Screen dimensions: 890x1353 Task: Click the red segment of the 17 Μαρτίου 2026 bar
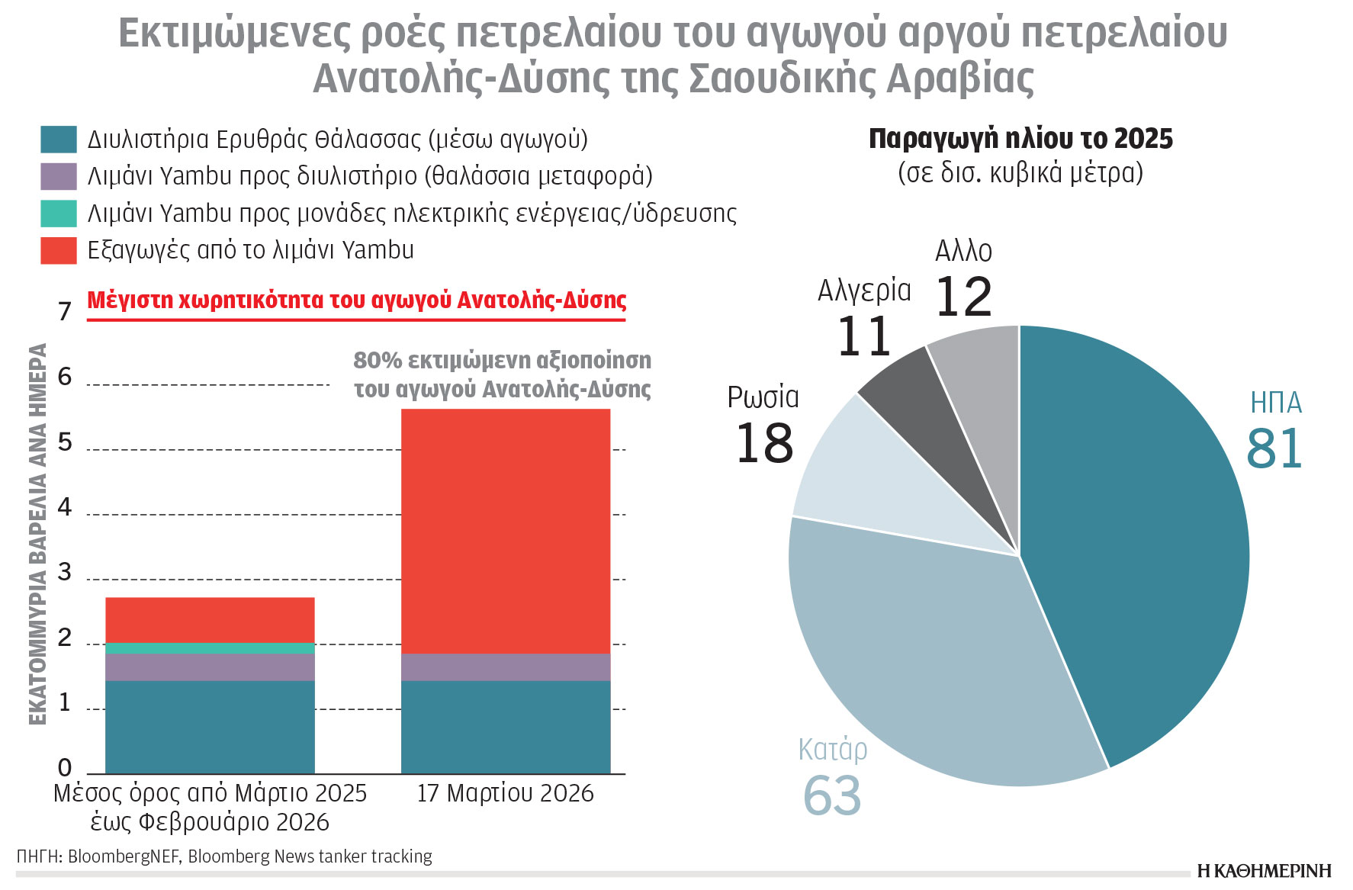click(x=506, y=531)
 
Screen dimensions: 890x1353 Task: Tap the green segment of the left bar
click(x=210, y=648)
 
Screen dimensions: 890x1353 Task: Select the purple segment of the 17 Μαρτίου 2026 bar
click(x=506, y=667)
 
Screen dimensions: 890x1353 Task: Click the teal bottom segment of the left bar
click(x=210, y=727)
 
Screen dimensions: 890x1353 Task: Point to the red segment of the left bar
click(x=210, y=620)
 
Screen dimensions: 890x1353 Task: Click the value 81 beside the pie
click(x=1274, y=448)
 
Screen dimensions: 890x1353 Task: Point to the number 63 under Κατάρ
click(x=831, y=795)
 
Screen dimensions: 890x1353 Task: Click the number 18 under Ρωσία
click(x=764, y=443)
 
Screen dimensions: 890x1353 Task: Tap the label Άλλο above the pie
click(x=963, y=252)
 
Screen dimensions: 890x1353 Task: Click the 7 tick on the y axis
click(x=65, y=311)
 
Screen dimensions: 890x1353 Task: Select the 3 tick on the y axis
click(x=65, y=572)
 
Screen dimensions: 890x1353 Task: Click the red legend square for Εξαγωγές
click(x=59, y=250)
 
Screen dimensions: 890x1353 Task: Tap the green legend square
click(x=59, y=214)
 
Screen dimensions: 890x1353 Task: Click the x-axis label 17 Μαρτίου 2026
click(x=505, y=793)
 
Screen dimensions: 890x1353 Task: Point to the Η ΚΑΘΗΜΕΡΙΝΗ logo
click(x=1264, y=871)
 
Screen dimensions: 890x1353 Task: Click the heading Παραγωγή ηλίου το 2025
click(x=1020, y=139)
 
